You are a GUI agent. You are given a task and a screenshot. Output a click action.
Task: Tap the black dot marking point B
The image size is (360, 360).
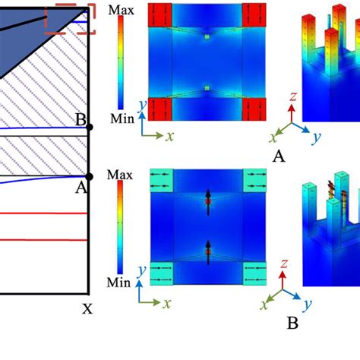click(90, 127)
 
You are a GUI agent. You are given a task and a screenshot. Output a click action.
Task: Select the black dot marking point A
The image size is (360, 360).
click(90, 177)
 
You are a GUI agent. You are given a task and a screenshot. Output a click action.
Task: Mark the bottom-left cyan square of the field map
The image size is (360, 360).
click(162, 272)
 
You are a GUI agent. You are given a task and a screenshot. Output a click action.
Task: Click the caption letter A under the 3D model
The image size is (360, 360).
click(279, 156)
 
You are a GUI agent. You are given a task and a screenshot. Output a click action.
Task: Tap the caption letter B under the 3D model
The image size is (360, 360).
click(292, 323)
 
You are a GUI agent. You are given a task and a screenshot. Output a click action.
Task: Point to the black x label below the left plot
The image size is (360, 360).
click(87, 308)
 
